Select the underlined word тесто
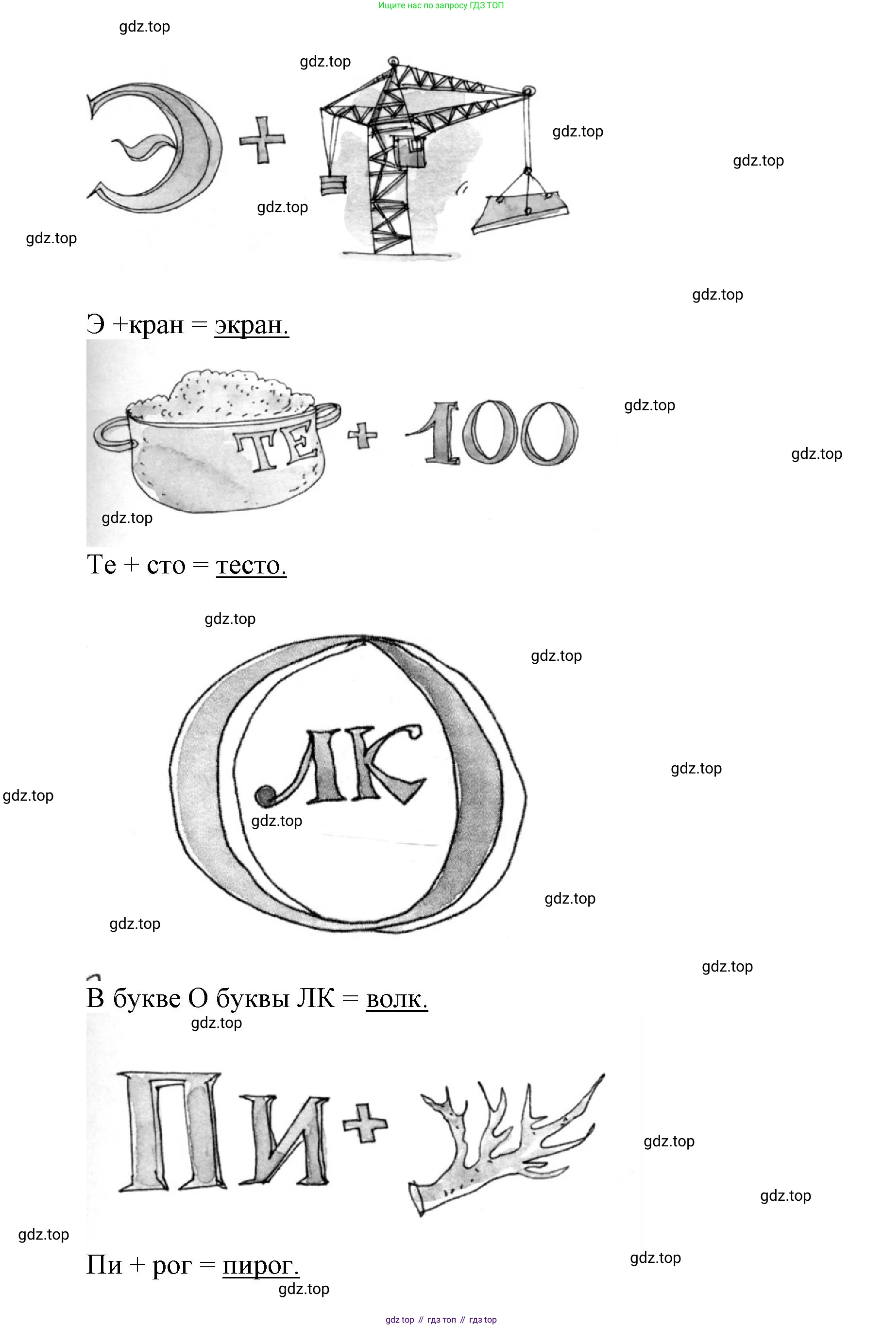tap(251, 565)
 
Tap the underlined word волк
tap(397, 999)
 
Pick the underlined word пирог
tap(261, 1265)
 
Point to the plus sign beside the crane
tap(262, 140)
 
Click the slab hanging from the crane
tap(520, 211)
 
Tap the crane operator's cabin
tap(409, 151)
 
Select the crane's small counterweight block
tap(333, 185)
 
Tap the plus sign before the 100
tap(362, 435)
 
